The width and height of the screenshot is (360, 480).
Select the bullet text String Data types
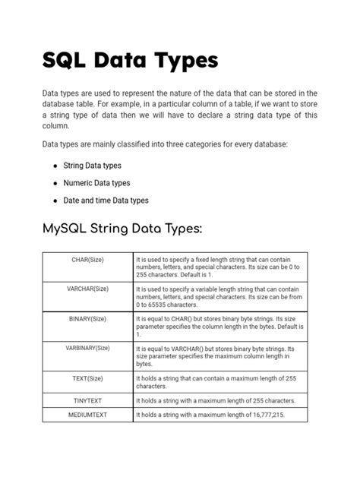(x=92, y=165)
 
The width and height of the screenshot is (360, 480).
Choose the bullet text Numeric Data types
(x=96, y=183)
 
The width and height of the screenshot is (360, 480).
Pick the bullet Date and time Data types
(x=106, y=201)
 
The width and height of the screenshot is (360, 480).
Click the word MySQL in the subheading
(x=74, y=229)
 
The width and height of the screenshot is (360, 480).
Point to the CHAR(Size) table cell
(x=87, y=260)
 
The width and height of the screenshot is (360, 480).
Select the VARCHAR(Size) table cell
(x=87, y=289)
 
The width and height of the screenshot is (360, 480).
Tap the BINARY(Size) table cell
(x=87, y=319)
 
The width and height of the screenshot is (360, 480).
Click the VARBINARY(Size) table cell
(x=87, y=348)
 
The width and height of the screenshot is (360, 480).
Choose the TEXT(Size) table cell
(x=87, y=377)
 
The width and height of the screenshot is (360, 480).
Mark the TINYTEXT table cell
(x=87, y=400)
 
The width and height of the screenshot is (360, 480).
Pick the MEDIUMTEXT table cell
(x=87, y=415)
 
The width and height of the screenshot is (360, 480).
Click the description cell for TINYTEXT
(x=220, y=400)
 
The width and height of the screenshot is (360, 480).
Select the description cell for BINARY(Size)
(x=220, y=326)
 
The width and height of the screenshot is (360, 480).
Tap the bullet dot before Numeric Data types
(x=55, y=183)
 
